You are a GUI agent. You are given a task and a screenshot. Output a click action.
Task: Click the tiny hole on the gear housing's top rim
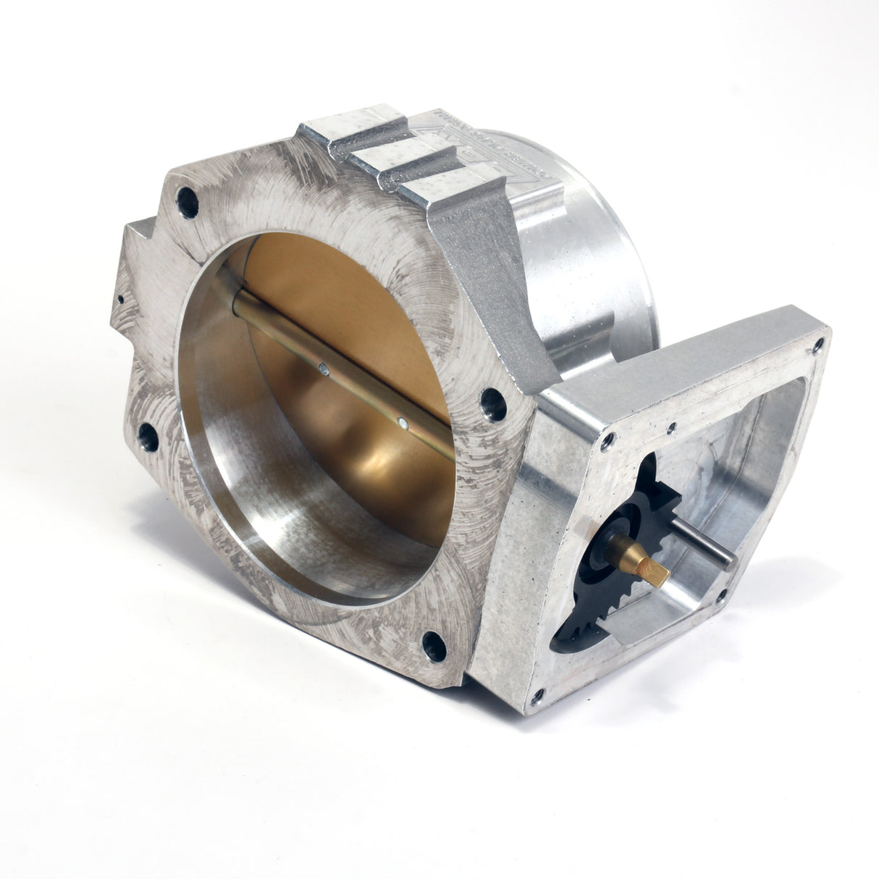pos(674,426)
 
